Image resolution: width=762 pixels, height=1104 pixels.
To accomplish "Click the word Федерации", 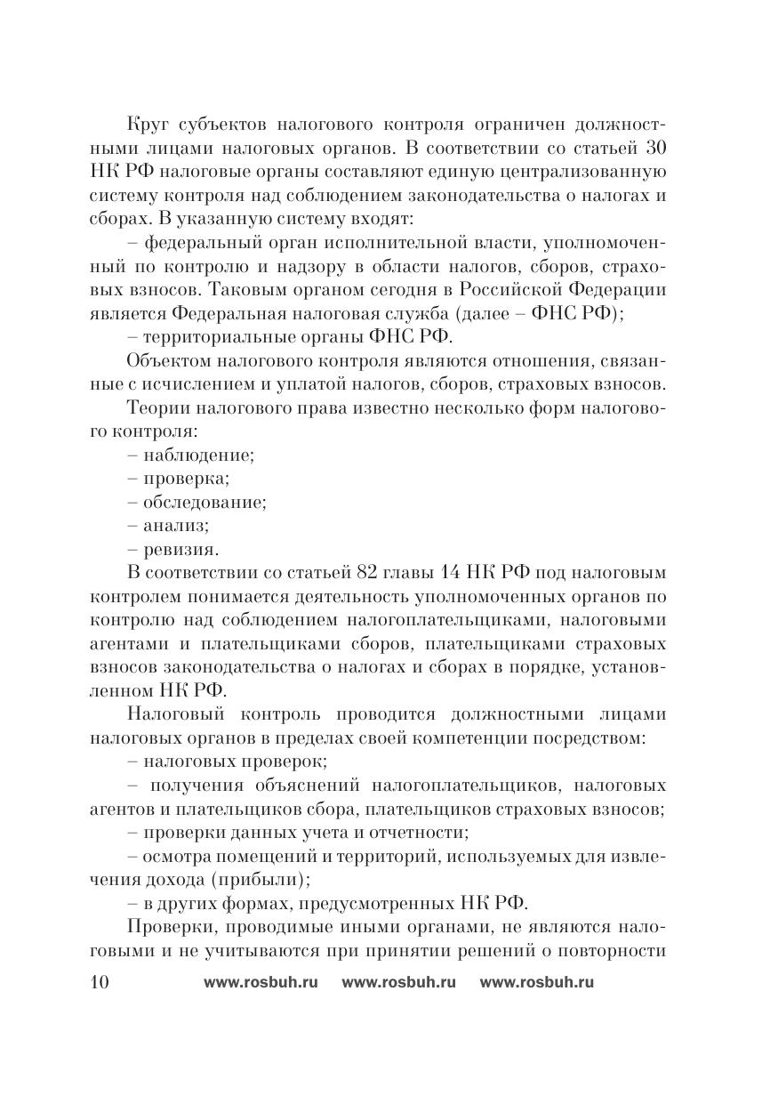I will [622, 291].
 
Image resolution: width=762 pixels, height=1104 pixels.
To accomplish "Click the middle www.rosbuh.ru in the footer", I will [398, 983].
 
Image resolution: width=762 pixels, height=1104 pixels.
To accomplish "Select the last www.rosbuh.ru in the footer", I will [536, 983].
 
